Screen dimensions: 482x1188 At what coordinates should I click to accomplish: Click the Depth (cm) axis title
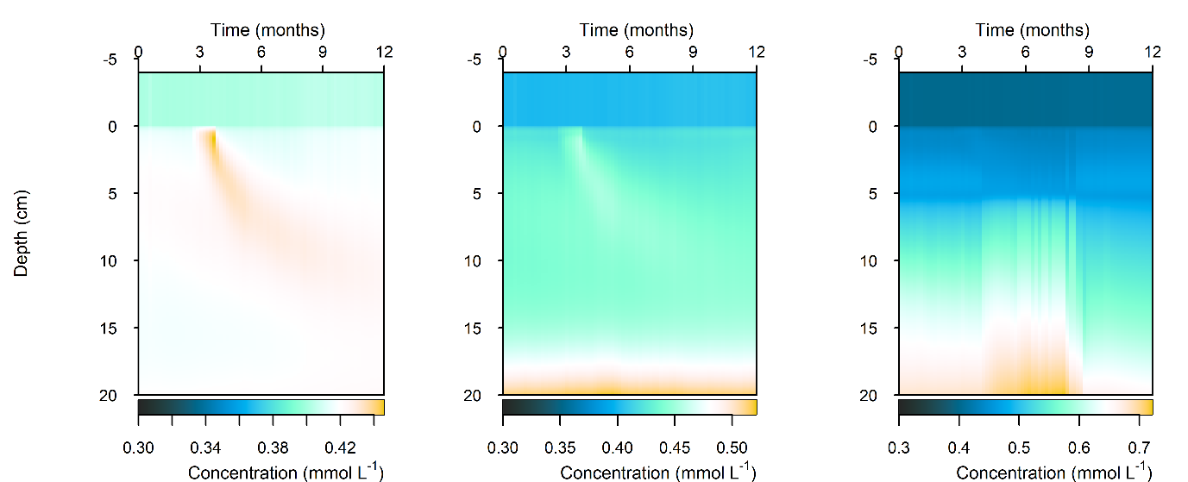click(x=22, y=233)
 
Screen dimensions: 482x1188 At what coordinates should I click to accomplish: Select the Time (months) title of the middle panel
click(x=636, y=30)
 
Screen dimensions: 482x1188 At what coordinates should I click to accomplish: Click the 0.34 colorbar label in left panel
click(x=205, y=448)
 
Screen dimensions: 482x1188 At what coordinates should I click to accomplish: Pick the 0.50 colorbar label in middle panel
click(x=732, y=448)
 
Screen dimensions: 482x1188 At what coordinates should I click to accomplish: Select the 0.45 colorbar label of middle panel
click(x=675, y=448)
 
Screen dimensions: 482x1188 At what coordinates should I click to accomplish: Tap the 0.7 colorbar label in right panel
click(x=1139, y=448)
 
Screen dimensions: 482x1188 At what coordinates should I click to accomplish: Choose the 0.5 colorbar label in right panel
click(x=1019, y=448)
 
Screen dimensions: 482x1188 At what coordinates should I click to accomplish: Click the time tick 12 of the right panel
click(x=1152, y=52)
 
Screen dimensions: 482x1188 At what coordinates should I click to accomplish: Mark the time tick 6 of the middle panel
click(x=629, y=52)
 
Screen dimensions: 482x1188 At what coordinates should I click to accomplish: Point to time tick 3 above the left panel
click(x=199, y=52)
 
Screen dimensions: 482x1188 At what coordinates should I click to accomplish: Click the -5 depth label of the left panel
click(x=119, y=60)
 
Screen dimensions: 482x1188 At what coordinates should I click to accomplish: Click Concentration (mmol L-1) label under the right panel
click(x=1053, y=472)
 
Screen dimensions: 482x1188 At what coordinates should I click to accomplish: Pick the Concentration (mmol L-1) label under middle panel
click(x=657, y=472)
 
